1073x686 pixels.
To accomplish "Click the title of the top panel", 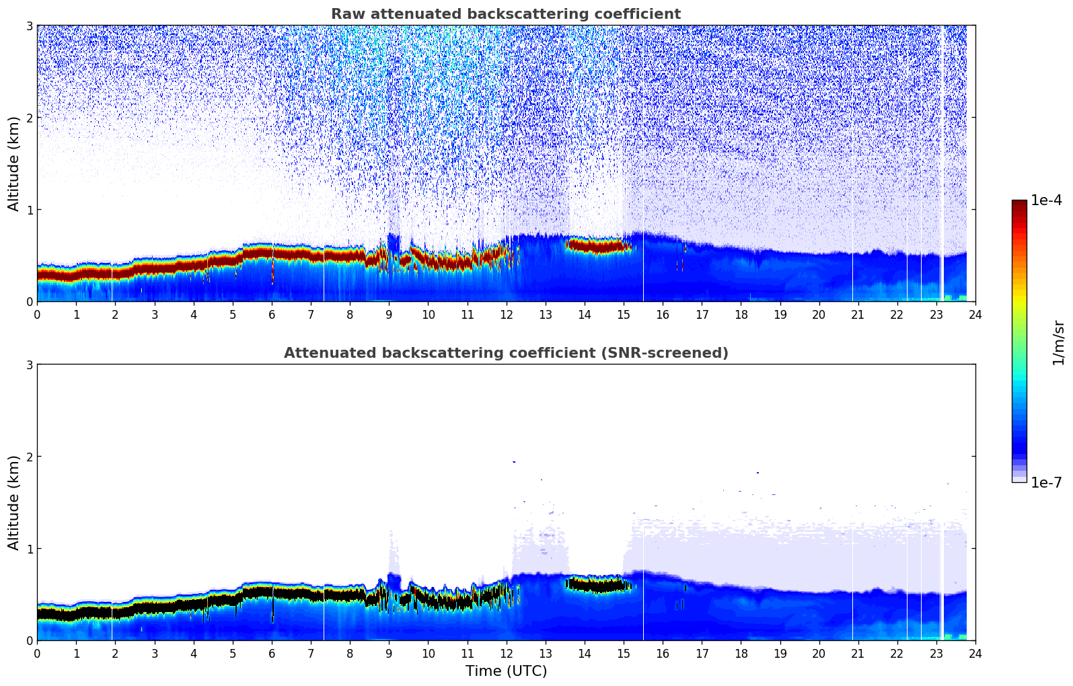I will pos(505,14).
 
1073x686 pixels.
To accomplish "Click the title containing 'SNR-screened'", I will pos(505,353).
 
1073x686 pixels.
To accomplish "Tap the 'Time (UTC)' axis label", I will pos(506,671).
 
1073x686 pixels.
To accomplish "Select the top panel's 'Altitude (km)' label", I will pos(14,163).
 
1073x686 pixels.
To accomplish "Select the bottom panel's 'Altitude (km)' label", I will pos(14,502).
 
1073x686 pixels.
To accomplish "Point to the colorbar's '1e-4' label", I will pos(1046,200).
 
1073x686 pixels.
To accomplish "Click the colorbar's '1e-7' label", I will pos(1046,482).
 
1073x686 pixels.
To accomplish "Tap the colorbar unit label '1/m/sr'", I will pos(1058,342).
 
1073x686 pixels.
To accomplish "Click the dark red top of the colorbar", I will pos(1019,204).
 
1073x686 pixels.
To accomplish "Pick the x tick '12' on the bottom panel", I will pos(506,653).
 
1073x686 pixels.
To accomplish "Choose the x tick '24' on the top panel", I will pos(975,314).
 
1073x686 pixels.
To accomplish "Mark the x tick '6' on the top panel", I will pos(272,314).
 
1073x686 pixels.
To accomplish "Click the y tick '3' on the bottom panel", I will pos(29,365).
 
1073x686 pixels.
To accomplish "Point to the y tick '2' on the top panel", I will pos(29,118).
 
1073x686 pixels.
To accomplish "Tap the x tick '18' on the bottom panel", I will pos(741,653).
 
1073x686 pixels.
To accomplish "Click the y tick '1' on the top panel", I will pos(29,210).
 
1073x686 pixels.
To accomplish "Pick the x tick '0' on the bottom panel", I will pos(37,653).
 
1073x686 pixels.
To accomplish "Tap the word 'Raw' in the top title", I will pos(346,14).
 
